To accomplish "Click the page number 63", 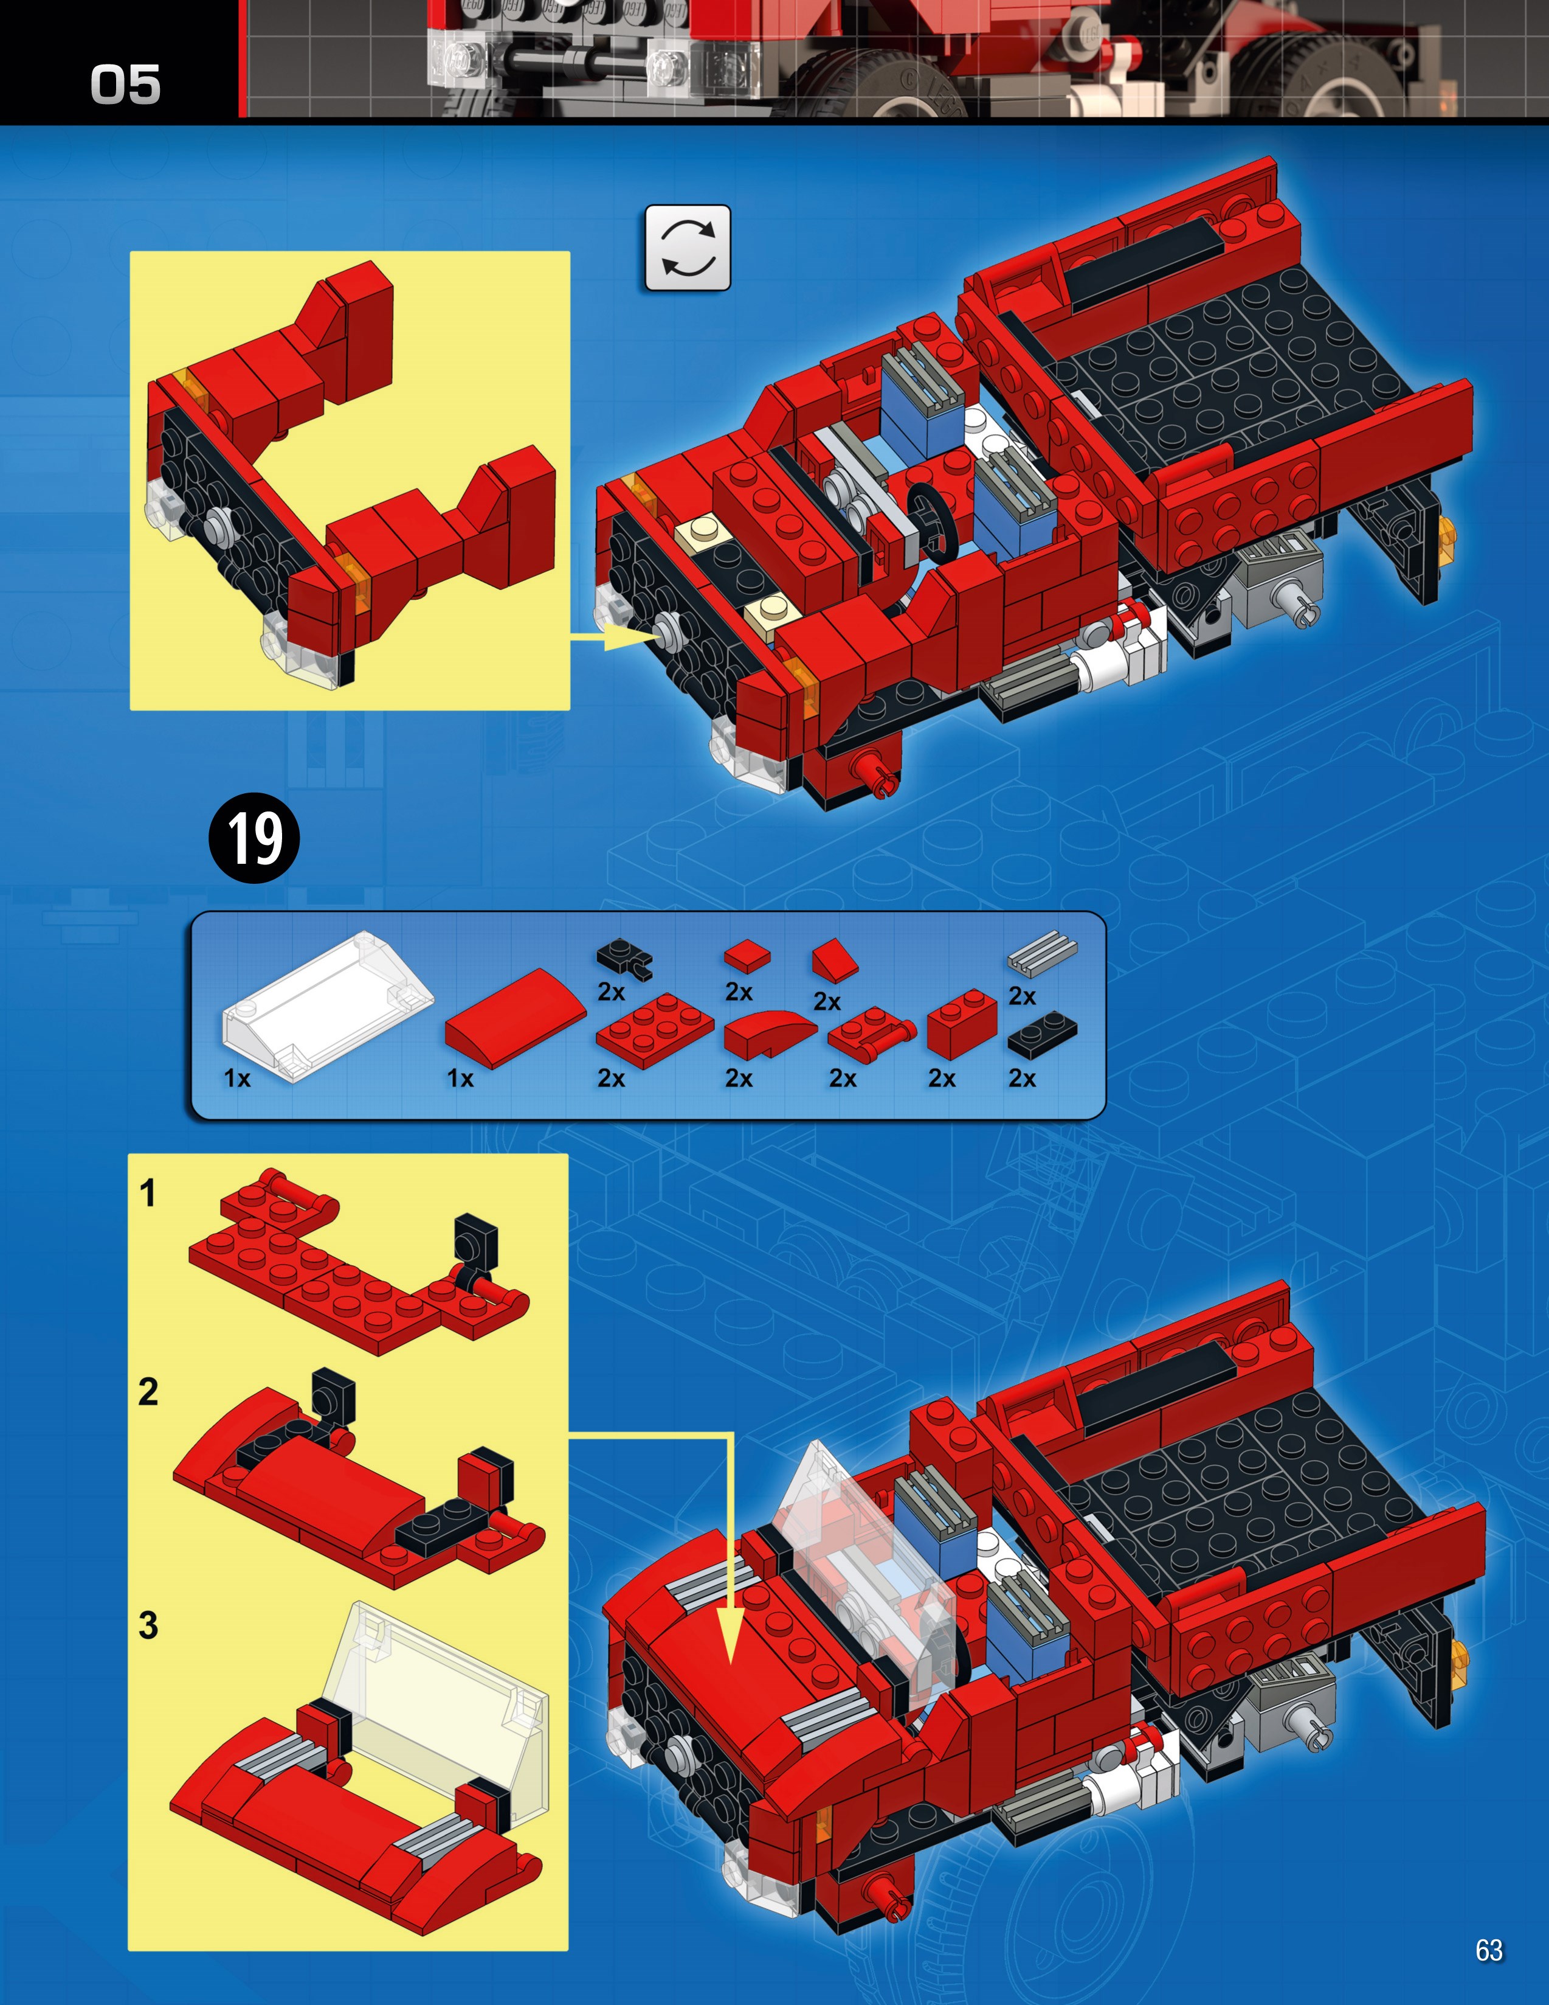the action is (x=1488, y=1950).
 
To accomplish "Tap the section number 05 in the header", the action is (x=126, y=85).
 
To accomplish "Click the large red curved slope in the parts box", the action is (x=515, y=1018).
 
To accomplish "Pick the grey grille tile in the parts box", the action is (x=1043, y=956).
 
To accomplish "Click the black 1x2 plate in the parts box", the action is (x=1043, y=1035).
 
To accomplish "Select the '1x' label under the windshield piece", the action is (x=236, y=1079).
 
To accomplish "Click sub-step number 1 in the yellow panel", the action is (x=147, y=1192).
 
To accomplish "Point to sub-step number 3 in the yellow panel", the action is (x=148, y=1625).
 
